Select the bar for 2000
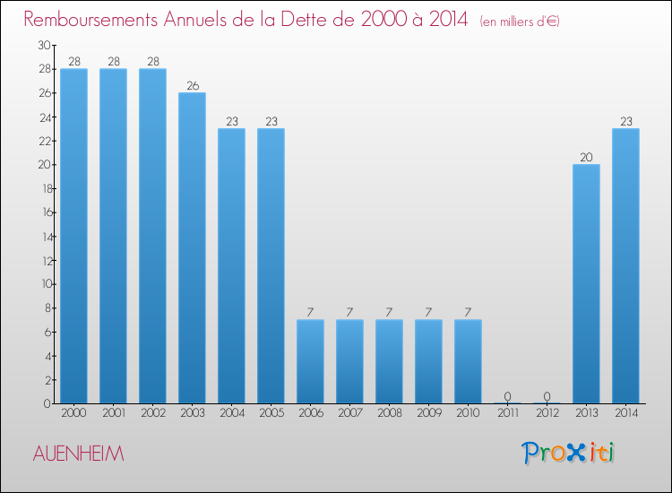tap(73, 236)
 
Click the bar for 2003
tap(192, 247)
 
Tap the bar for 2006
tap(310, 361)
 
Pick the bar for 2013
tap(586, 283)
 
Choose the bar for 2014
tap(625, 265)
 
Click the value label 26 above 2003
tap(192, 85)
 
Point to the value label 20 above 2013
tap(586, 157)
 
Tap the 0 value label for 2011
tap(507, 396)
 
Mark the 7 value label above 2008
tap(389, 312)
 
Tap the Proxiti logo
tap(569, 453)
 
